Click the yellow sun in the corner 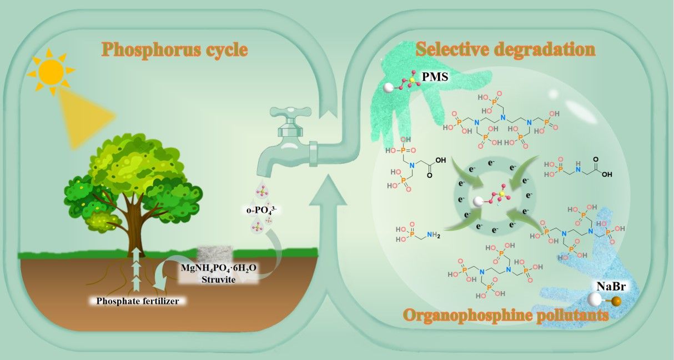coord(51,71)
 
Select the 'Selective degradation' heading coord(505,49)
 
